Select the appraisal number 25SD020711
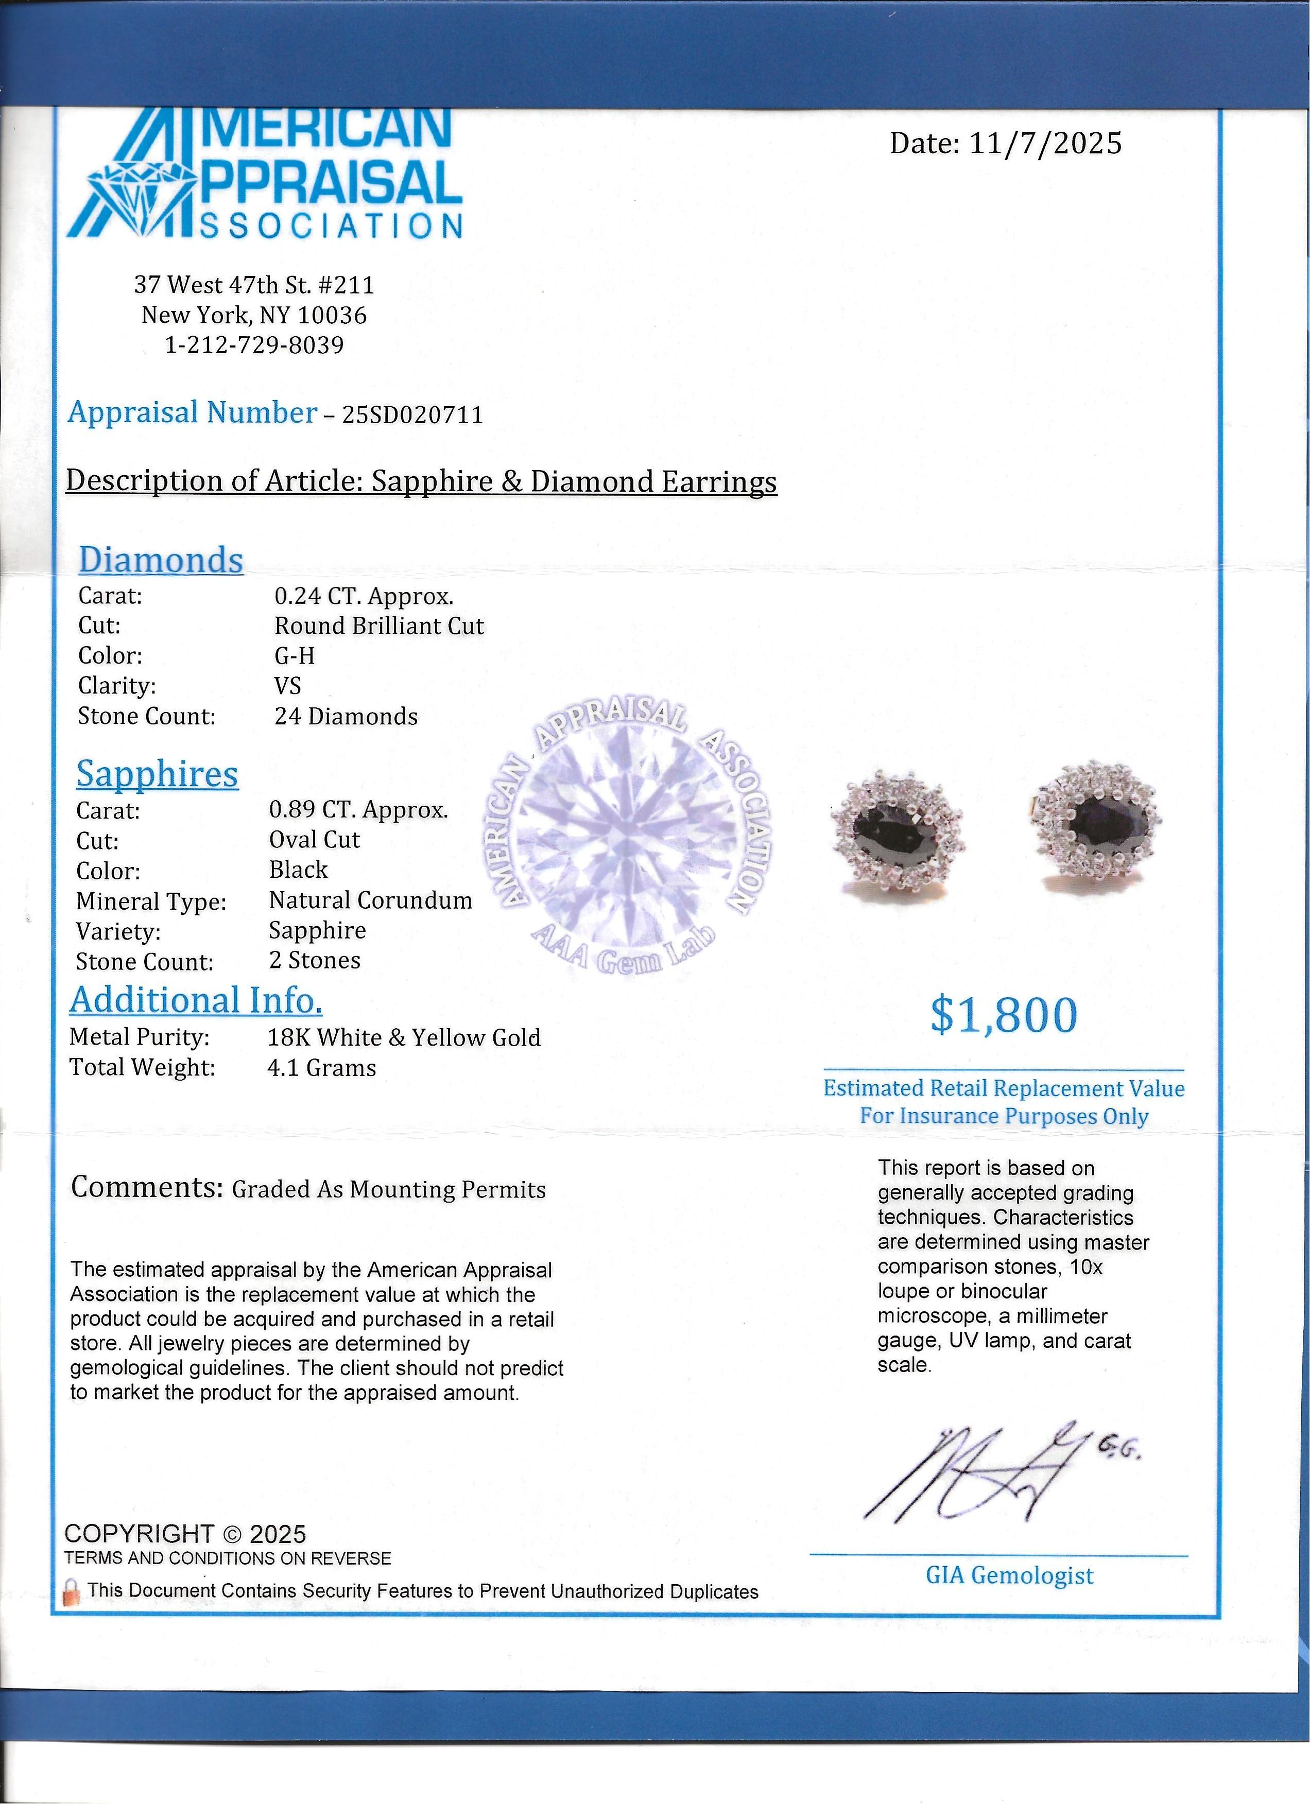(x=412, y=415)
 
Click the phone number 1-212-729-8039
(x=254, y=345)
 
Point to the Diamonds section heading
(x=161, y=560)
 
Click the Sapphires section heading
(x=158, y=774)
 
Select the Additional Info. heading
(x=196, y=1000)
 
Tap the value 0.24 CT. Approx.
(x=364, y=597)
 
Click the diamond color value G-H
(x=295, y=656)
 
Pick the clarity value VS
(x=287, y=686)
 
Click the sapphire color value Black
(x=298, y=870)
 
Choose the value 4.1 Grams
(x=321, y=1068)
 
